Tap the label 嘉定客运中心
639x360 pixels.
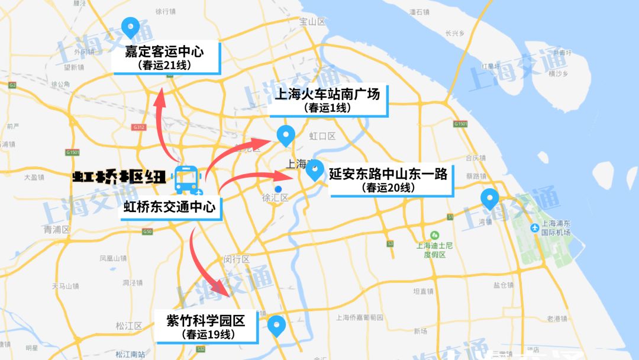point(164,52)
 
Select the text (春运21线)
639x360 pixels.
point(164,65)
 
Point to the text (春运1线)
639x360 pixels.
point(327,108)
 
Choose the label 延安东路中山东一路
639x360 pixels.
point(391,173)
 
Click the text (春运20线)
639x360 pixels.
point(390,188)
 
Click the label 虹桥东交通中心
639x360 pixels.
point(169,207)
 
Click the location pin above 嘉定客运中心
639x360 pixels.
point(130,27)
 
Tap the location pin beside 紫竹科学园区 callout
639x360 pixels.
point(276,326)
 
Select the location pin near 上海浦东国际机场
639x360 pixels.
point(489,199)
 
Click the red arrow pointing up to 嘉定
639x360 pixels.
point(164,124)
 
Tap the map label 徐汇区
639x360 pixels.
point(275,198)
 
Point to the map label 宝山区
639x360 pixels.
point(313,22)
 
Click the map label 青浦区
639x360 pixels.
point(56,229)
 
